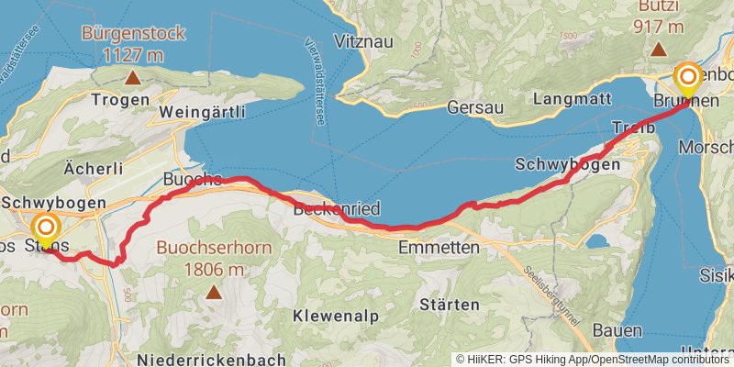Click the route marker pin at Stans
coord(44,229)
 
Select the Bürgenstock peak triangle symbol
coord(134,78)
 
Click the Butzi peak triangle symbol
coord(659,50)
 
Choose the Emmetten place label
coord(439,248)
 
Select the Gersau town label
coord(476,107)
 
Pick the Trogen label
coord(121,99)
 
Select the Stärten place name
coord(451,304)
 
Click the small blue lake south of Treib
coord(597,241)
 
